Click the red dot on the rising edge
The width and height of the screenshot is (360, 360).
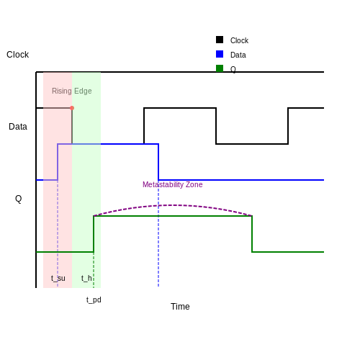click(72, 108)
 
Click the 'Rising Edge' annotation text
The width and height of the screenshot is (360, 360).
click(72, 91)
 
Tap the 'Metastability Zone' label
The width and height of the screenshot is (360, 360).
click(173, 184)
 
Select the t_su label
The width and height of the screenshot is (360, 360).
click(58, 278)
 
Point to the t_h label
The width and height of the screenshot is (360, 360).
click(86, 278)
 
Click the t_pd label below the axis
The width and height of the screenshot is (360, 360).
click(94, 300)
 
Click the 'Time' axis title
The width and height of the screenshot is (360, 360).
click(180, 307)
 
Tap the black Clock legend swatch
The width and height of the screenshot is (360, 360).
click(220, 40)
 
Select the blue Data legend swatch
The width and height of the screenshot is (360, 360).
click(220, 54)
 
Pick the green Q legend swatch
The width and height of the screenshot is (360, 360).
click(220, 68)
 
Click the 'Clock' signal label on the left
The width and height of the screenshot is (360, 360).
click(17, 55)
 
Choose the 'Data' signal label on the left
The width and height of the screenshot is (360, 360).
click(18, 127)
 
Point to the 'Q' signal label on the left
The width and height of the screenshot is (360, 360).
click(19, 199)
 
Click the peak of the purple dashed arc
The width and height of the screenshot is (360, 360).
click(173, 205)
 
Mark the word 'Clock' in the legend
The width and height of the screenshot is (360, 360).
click(239, 40)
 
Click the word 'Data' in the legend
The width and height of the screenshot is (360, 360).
click(238, 55)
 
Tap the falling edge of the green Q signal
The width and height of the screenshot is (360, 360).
click(252, 234)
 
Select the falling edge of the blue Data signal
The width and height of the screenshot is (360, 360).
click(158, 162)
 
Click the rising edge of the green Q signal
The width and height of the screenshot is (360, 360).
click(94, 234)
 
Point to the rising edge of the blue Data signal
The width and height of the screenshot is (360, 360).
click(58, 162)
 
